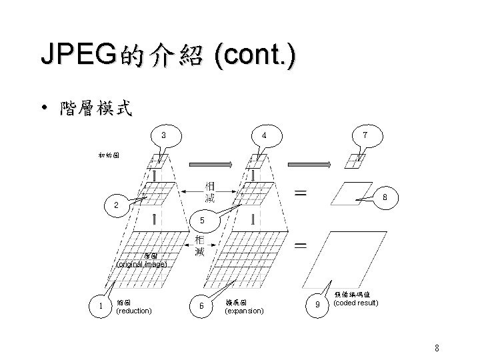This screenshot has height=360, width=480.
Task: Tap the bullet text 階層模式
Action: click(95, 108)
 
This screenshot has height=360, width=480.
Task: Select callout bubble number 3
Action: click(164, 135)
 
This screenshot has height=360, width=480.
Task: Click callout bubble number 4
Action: click(264, 135)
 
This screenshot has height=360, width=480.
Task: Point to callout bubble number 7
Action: click(364, 135)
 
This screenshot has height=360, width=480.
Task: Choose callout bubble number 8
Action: click(383, 197)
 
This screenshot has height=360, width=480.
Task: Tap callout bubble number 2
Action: click(116, 205)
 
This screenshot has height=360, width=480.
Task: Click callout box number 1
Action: click(99, 305)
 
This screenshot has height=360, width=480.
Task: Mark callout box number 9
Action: click(317, 305)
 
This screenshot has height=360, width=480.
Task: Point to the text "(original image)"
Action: click(142, 264)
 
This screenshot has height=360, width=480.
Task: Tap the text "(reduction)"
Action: click(134, 311)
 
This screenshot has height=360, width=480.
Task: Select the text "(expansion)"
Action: click(245, 311)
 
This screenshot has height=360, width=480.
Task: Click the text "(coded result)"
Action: click(357, 303)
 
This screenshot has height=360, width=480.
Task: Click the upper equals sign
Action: click(301, 194)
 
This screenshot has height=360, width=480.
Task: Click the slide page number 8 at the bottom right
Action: click(436, 347)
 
